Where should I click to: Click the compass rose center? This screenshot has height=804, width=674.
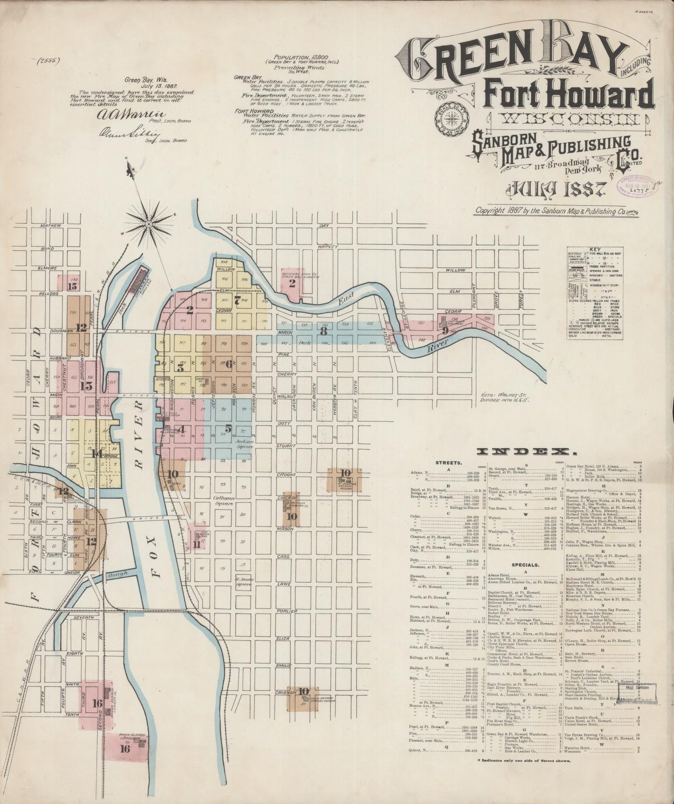coord(148,224)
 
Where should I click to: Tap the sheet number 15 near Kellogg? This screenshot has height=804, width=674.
coord(72,287)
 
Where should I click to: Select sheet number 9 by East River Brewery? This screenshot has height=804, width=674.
coord(446,331)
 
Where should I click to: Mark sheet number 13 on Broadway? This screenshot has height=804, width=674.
coord(85,386)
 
